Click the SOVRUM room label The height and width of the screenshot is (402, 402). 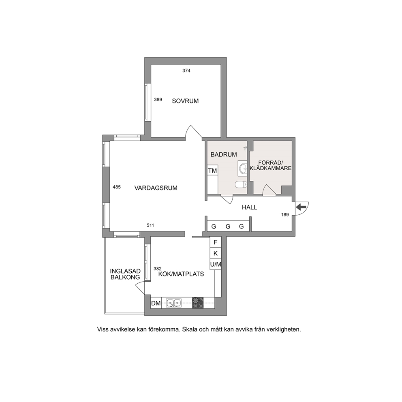point(185,101)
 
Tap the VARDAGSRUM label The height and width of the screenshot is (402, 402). point(156,188)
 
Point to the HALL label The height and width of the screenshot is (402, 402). point(250,207)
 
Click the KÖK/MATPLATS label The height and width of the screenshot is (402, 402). point(181,274)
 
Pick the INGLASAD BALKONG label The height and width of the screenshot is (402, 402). point(125,274)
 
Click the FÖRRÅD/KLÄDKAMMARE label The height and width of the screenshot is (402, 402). point(270,165)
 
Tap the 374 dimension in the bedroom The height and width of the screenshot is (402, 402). point(186,71)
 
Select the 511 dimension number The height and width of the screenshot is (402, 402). point(150,225)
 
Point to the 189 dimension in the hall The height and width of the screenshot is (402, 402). point(285,215)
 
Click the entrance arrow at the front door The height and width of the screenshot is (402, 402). point(301,207)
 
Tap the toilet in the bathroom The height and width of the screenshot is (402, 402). point(241,184)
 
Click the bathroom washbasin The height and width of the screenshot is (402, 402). point(242,169)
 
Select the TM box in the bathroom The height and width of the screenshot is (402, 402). point(212,170)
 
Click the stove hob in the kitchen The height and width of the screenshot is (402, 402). point(198,303)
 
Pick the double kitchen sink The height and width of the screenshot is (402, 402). point(173,303)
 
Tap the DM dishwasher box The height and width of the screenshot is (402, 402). point(156,303)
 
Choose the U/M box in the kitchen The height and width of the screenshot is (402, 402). point(216,264)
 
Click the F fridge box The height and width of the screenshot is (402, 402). point(216,242)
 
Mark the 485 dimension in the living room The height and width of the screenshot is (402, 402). point(117,187)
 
